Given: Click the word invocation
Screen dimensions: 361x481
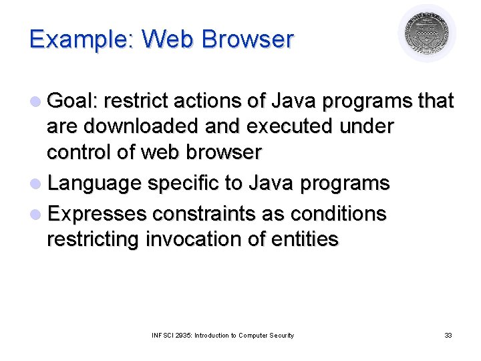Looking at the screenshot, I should pos(218,239).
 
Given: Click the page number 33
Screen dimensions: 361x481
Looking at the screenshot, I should pos(448,335).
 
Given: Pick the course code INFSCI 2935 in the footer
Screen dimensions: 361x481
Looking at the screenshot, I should pos(171,335).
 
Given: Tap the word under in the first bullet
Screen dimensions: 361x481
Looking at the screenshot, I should pos(367,126).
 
